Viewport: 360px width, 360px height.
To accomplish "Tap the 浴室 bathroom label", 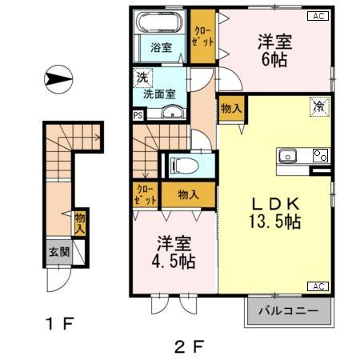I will [x=161, y=47].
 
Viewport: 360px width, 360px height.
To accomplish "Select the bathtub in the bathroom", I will [x=160, y=22].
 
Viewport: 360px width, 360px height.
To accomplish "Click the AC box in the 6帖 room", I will [x=317, y=16].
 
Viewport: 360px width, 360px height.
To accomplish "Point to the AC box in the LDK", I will [x=317, y=286].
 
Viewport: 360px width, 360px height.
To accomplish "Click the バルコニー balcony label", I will [x=288, y=311].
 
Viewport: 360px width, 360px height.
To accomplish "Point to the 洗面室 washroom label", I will [x=159, y=94].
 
